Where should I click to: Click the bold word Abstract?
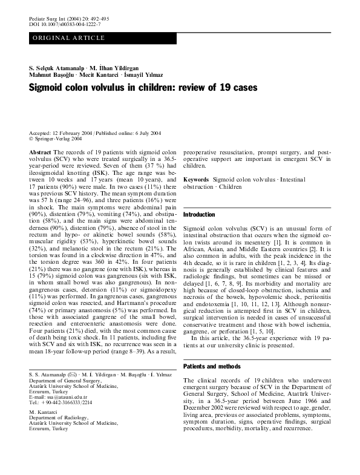pyautogui.click(x=40, y=152)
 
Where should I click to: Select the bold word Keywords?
pyautogui.click(x=196, y=180)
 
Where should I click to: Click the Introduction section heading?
pyautogui.click(x=199, y=215)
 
